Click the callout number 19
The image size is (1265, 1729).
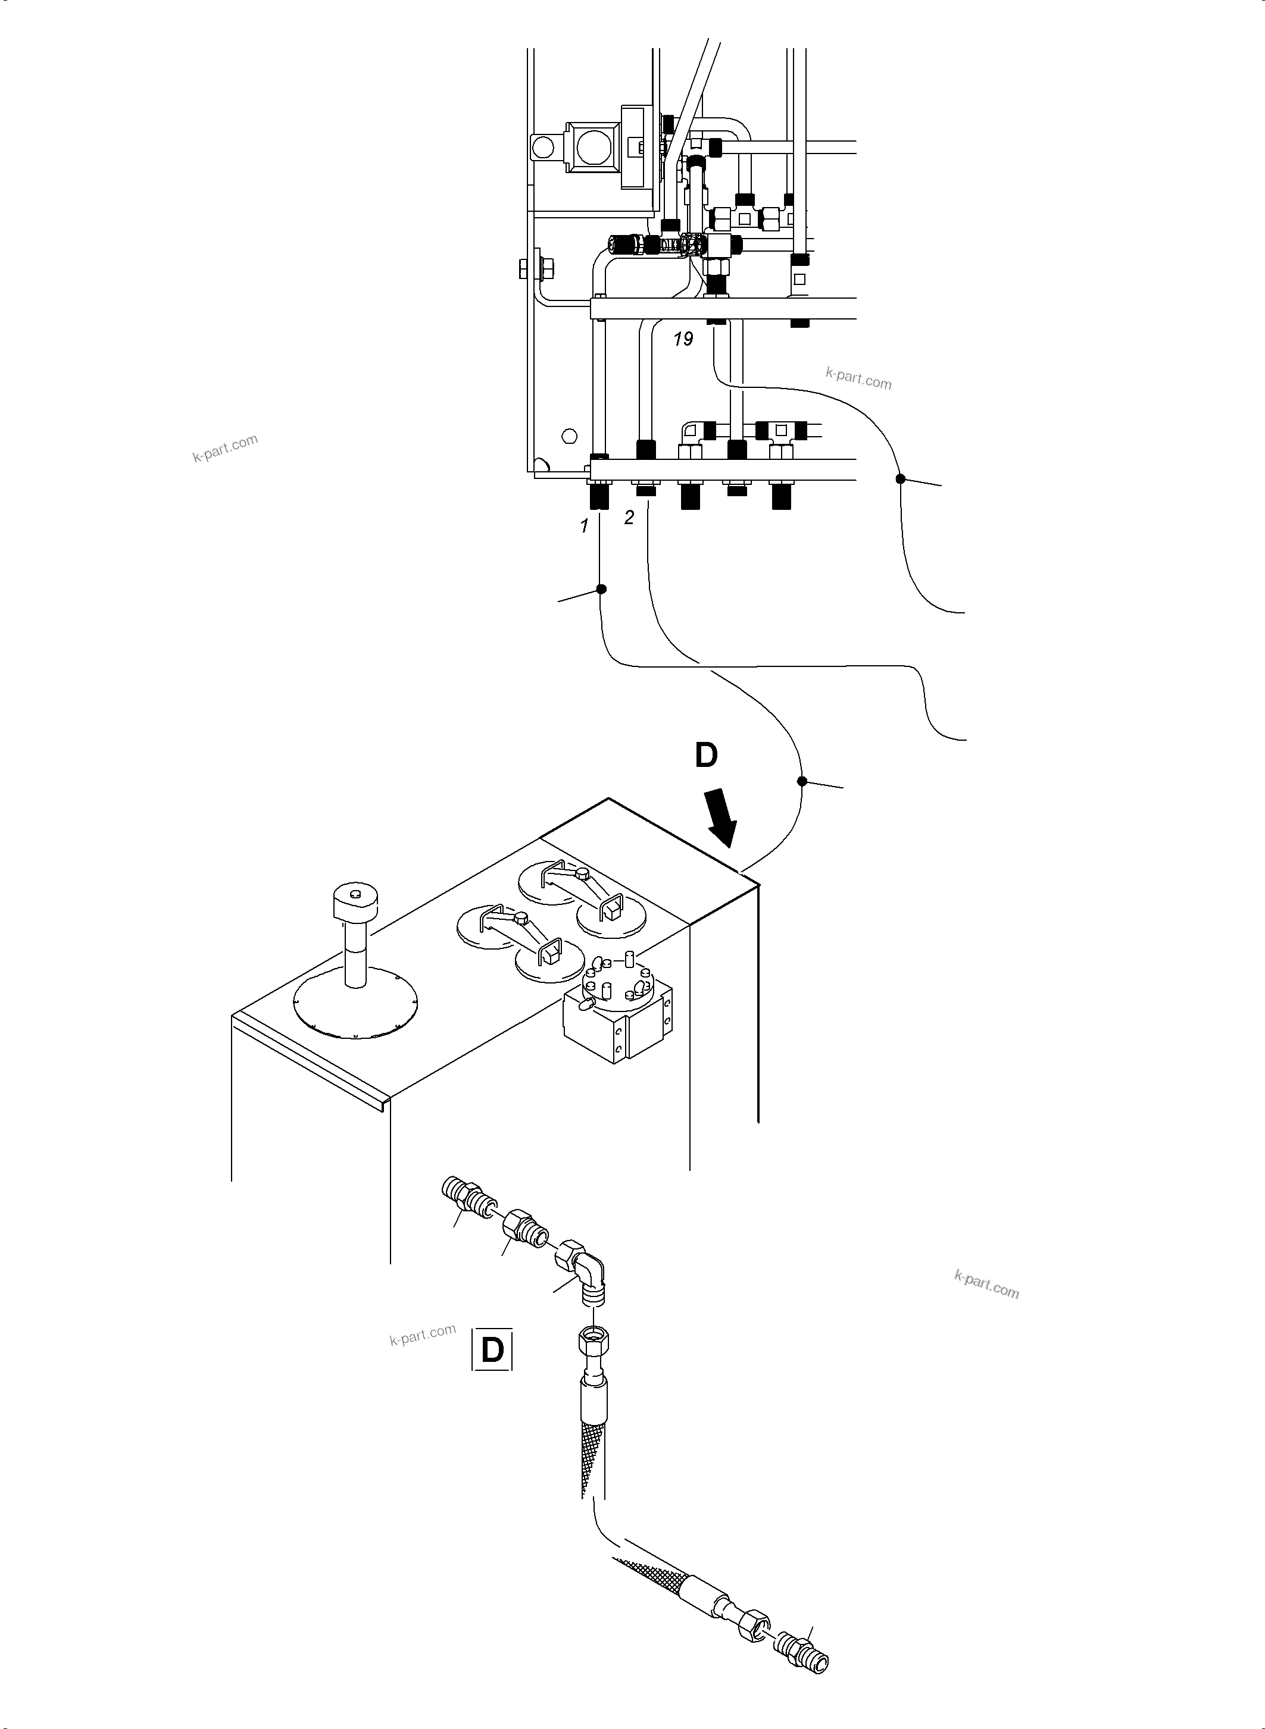683,339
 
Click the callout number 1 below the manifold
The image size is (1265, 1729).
584,526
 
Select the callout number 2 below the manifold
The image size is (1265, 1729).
629,518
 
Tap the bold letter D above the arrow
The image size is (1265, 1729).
705,756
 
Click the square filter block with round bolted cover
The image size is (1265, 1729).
616,1010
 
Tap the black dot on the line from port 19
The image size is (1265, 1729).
901,479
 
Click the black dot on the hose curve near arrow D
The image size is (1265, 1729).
802,781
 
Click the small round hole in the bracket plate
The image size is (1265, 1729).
567,436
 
